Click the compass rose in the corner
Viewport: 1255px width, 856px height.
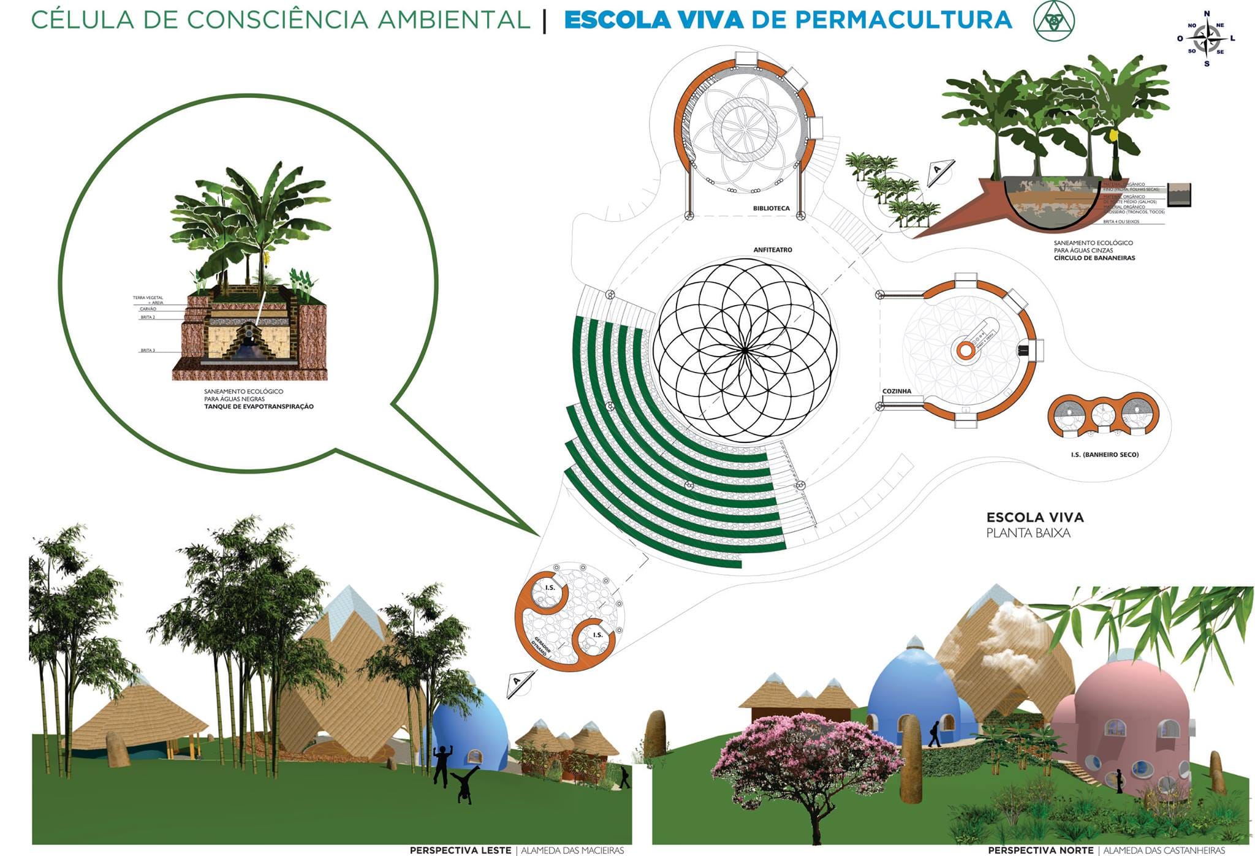pos(1207,38)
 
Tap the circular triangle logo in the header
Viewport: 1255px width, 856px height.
pos(1053,21)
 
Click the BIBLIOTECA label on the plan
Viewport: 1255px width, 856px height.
pos(771,208)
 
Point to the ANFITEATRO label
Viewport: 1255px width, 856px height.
pos(773,250)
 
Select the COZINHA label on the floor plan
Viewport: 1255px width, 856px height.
pos(897,391)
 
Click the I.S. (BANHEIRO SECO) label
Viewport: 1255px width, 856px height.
pos(1104,455)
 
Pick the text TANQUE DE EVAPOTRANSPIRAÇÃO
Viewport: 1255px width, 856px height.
pos(259,406)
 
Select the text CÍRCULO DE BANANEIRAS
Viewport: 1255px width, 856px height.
pos(1094,258)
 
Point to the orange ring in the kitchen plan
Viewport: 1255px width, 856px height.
pos(966,350)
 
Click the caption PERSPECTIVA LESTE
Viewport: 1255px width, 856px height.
pos(460,850)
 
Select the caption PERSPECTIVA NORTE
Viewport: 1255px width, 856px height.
pos(1040,850)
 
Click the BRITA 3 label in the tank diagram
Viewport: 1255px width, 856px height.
pos(148,350)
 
